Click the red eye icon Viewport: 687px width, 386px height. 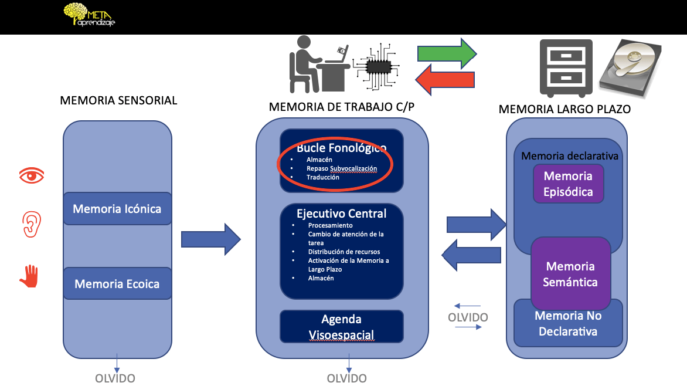pos(32,176)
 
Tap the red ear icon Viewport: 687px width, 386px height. pos(32,224)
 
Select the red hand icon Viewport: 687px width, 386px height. pos(29,276)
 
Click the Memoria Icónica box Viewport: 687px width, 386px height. pos(117,209)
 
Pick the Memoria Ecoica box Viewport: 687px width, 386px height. pos(117,284)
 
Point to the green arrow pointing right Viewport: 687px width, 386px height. pos(447,53)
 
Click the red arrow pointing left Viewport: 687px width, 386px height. pos(445,79)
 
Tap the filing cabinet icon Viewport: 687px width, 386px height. pos(566,68)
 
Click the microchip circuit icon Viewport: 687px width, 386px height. pos(377,67)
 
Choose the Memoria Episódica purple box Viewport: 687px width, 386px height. pos(568,184)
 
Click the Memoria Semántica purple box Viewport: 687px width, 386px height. pos(570,274)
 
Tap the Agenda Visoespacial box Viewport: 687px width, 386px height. pos(342,327)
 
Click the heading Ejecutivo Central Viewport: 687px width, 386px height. pos(341,214)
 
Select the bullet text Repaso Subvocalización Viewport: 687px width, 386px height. pos(342,168)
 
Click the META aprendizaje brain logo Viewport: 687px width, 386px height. pos(89,15)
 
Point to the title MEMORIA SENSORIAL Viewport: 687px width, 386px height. pos(119,100)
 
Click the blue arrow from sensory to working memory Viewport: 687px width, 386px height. pos(211,239)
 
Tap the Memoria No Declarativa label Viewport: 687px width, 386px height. pos(568,323)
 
